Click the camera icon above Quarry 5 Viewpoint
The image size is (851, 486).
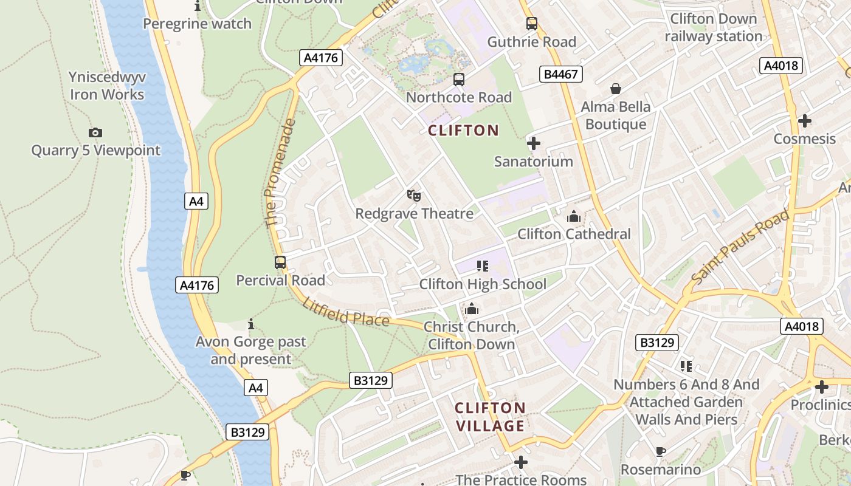(x=95, y=132)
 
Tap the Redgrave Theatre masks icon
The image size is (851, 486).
(x=414, y=196)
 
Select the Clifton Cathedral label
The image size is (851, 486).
(x=574, y=234)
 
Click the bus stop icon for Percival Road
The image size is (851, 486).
(x=280, y=262)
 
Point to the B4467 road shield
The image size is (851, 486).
(x=560, y=74)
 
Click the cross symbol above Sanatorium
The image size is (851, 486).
(x=534, y=144)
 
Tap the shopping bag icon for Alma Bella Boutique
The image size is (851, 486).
(x=616, y=89)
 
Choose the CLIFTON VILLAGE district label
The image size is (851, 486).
(x=490, y=417)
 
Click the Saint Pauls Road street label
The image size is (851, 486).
(x=740, y=247)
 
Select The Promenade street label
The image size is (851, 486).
(x=280, y=173)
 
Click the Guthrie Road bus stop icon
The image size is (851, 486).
(x=532, y=24)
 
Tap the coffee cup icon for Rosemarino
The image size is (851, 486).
(x=661, y=451)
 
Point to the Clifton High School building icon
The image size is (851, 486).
(x=483, y=265)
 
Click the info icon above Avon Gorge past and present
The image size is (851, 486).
(x=251, y=324)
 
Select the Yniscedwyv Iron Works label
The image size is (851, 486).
(x=107, y=86)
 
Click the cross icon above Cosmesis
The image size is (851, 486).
(x=805, y=121)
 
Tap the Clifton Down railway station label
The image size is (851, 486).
(x=713, y=27)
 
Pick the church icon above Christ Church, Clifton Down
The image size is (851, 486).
(x=472, y=309)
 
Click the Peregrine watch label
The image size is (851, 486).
(x=197, y=24)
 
